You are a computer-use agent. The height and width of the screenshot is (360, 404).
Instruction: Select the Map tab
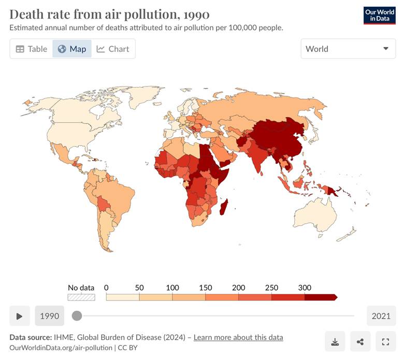72,49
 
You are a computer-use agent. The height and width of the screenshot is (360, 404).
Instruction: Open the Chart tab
113,49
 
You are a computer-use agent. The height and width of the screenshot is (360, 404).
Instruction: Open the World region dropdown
348,49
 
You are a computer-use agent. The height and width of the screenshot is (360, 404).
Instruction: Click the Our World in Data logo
379,16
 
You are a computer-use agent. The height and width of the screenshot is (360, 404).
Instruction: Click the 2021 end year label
381,316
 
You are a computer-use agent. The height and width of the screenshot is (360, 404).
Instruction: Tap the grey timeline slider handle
77,315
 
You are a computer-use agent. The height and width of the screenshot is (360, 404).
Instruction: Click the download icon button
335,341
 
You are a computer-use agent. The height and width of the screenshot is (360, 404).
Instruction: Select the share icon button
360,341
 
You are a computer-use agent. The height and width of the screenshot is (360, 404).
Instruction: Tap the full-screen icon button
385,341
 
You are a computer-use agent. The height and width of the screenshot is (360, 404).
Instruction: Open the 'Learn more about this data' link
238,337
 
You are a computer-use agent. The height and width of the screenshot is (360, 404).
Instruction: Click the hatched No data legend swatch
81,297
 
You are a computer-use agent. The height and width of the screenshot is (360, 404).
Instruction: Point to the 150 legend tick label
205,288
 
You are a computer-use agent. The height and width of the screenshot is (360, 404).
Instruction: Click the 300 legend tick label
305,288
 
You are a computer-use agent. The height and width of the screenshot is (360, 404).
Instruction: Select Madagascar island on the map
224,209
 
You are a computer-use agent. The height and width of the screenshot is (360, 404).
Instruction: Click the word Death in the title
26,14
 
